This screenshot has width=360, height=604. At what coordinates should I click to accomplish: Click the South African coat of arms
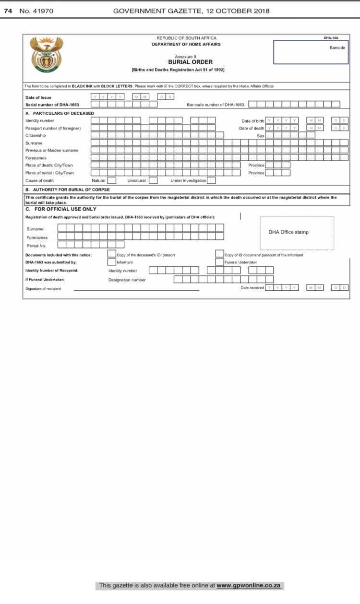click(x=47, y=55)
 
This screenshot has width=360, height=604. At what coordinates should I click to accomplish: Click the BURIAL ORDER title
click(x=190, y=62)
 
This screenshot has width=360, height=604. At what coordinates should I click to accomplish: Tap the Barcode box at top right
click(x=310, y=52)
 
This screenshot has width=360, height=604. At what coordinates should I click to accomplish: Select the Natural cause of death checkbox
click(x=111, y=180)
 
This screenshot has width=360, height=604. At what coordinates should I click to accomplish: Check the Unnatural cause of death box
click(x=153, y=180)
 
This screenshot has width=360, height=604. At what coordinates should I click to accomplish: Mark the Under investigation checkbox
click(x=211, y=180)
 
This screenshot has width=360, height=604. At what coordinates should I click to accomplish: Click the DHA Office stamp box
click(x=297, y=233)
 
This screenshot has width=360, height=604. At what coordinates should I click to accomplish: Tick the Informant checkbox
click(x=111, y=262)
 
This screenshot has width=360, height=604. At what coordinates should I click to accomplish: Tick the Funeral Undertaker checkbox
click(x=219, y=262)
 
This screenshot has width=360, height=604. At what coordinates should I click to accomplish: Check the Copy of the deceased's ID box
click(x=111, y=254)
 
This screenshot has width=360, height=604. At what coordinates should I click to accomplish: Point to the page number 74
click(x=8, y=11)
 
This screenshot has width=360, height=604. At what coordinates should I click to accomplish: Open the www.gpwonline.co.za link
click(x=248, y=586)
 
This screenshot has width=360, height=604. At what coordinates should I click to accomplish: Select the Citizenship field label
click(x=36, y=135)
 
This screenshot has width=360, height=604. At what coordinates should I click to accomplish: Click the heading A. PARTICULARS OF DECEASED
click(x=60, y=113)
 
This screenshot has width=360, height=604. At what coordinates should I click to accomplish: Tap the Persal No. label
click(x=36, y=246)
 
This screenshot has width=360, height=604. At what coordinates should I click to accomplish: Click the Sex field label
click(x=261, y=136)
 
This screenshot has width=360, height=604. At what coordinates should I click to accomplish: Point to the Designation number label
click(x=127, y=280)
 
